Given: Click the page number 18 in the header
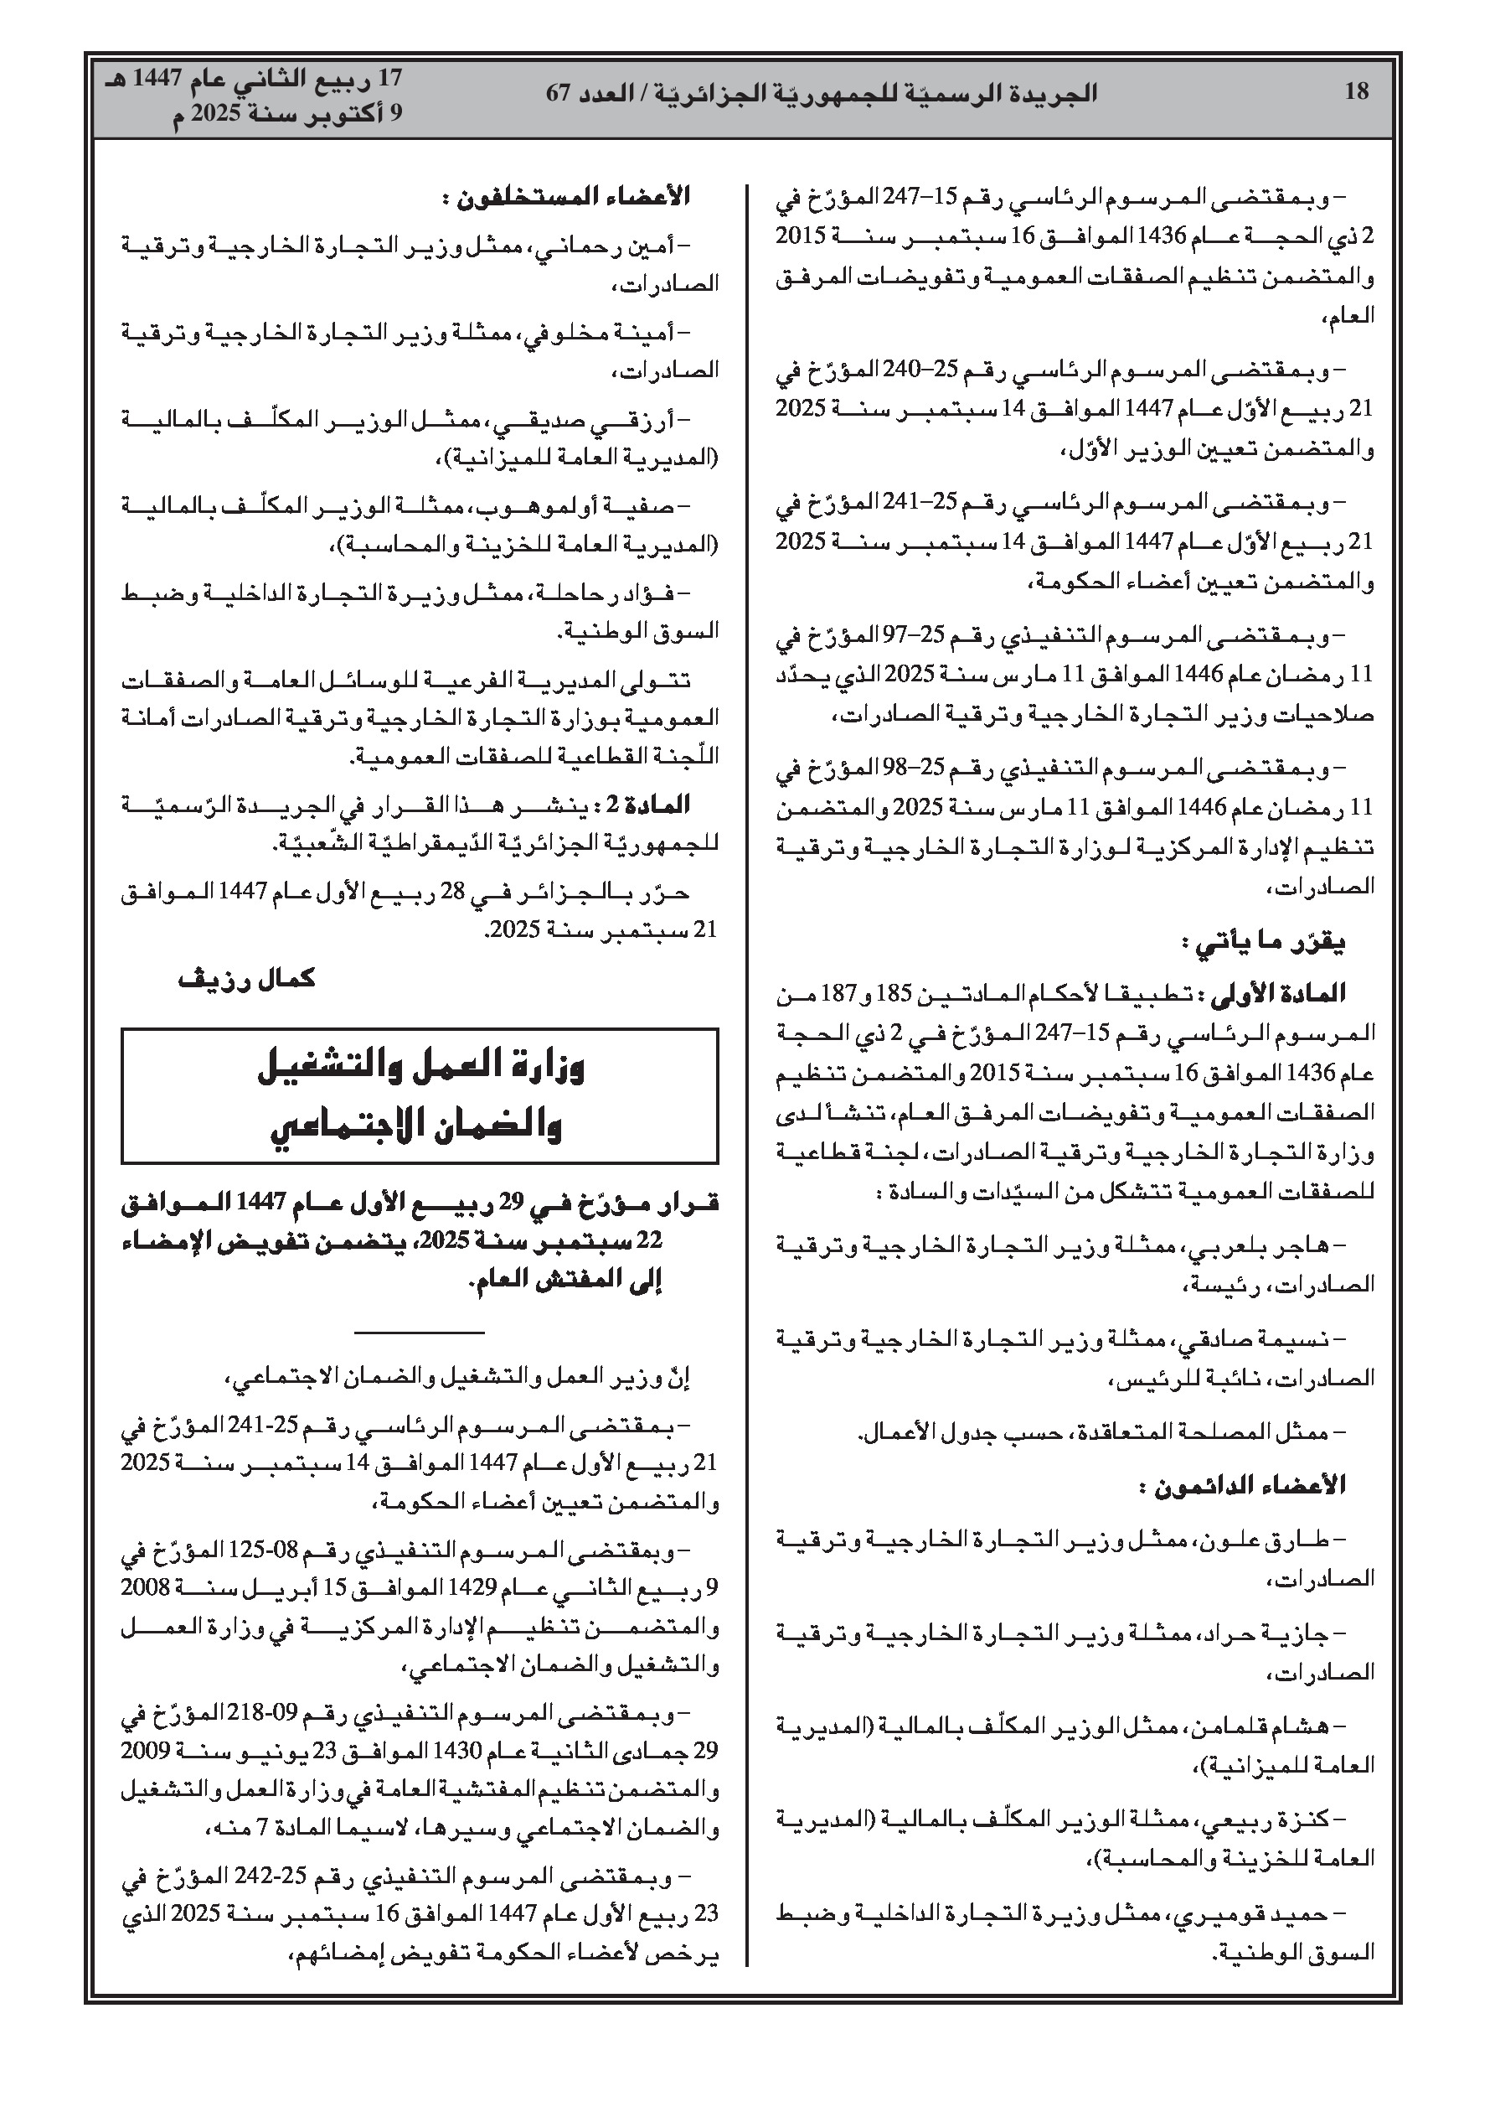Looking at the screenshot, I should [x=1357, y=91].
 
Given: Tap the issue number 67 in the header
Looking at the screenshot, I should [x=559, y=93].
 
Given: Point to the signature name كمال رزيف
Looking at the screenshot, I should [x=247, y=978].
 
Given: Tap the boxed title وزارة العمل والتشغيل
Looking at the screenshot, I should [x=420, y=1069].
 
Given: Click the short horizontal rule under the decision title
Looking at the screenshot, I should [x=419, y=1332].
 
